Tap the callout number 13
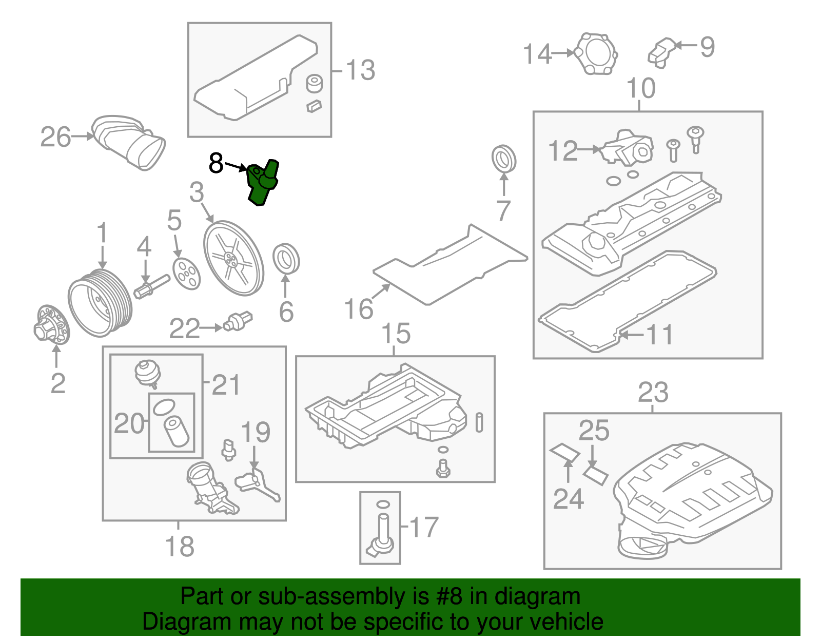360,70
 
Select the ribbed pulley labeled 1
100,303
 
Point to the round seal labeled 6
286,259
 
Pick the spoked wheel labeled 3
233,258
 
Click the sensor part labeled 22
238,321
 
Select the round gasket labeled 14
595,54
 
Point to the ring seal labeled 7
504,159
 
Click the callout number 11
659,335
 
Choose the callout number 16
359,309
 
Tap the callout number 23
653,393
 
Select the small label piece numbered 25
596,475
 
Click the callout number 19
255,432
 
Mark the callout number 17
424,527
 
